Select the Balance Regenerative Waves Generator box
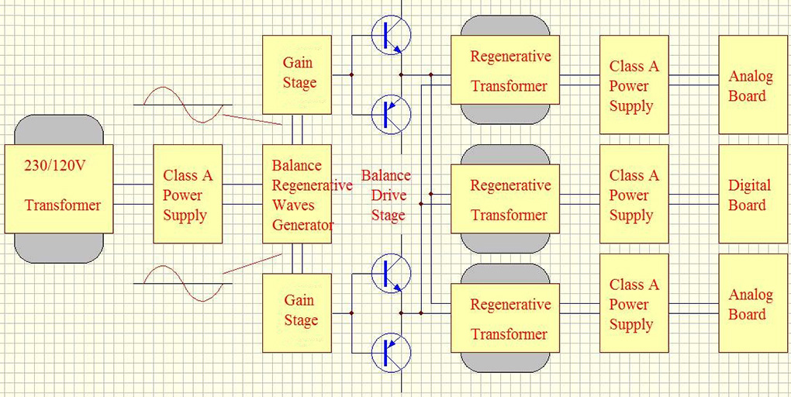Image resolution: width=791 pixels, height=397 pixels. [x=297, y=194]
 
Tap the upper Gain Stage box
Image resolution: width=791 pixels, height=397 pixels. [x=297, y=73]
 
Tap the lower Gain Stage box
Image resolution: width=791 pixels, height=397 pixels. [x=297, y=310]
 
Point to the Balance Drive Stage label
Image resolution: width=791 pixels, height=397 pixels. [x=387, y=195]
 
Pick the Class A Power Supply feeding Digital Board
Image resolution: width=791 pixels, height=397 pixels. [x=633, y=195]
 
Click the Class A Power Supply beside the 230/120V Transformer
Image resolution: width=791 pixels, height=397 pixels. [x=187, y=195]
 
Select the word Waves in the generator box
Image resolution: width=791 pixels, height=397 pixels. [x=293, y=205]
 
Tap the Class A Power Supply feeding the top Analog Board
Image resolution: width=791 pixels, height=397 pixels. [x=633, y=85]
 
